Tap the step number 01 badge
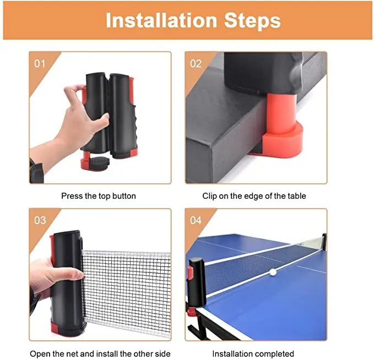tap(40, 63)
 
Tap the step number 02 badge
tap(196, 63)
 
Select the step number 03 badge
tap(40, 220)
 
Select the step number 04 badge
tap(196, 220)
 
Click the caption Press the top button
tap(99, 196)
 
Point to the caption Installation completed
tap(253, 353)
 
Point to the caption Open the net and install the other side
tap(100, 353)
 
